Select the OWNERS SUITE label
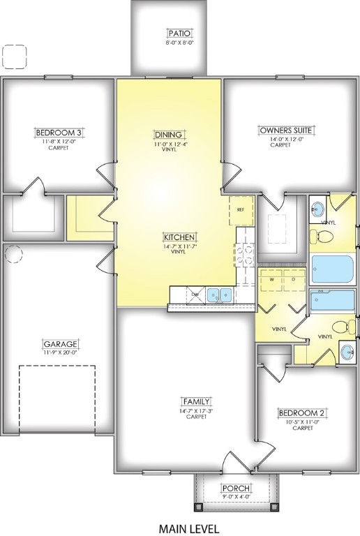click(286, 130)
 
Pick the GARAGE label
click(59, 344)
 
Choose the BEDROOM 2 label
click(302, 412)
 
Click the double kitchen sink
click(223, 296)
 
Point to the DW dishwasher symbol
click(197, 296)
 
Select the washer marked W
click(271, 281)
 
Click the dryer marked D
click(293, 281)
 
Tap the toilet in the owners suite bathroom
click(321, 236)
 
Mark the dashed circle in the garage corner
click(14, 254)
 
